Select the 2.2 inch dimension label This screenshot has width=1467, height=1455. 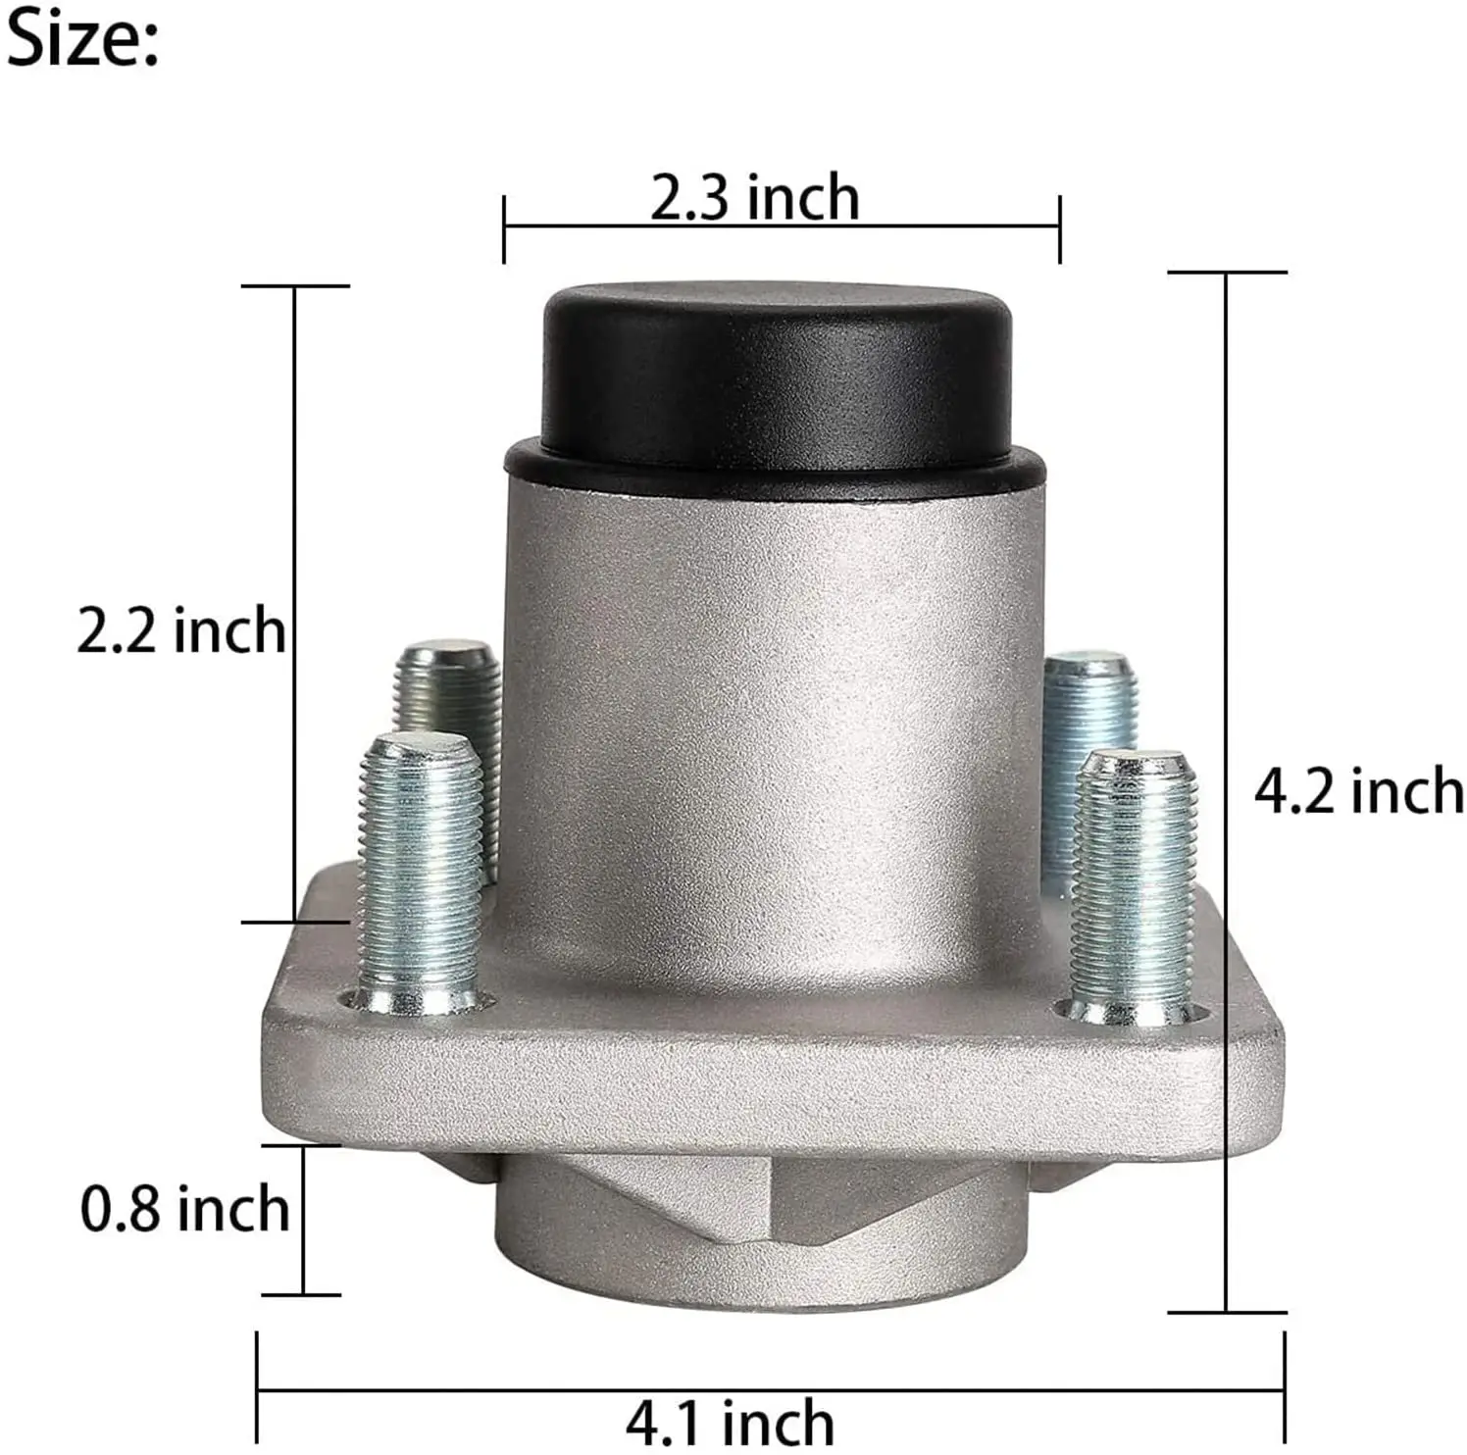pyautogui.click(x=181, y=629)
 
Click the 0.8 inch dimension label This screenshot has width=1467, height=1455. pyautogui.click(x=185, y=1209)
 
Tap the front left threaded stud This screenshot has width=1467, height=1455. pyautogui.click(x=420, y=873)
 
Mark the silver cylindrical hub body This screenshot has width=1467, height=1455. pyautogui.click(x=775, y=706)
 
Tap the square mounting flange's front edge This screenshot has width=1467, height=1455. pyautogui.click(x=775, y=1088)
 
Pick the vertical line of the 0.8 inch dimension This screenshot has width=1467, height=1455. pyautogui.click(x=304, y=1221)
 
